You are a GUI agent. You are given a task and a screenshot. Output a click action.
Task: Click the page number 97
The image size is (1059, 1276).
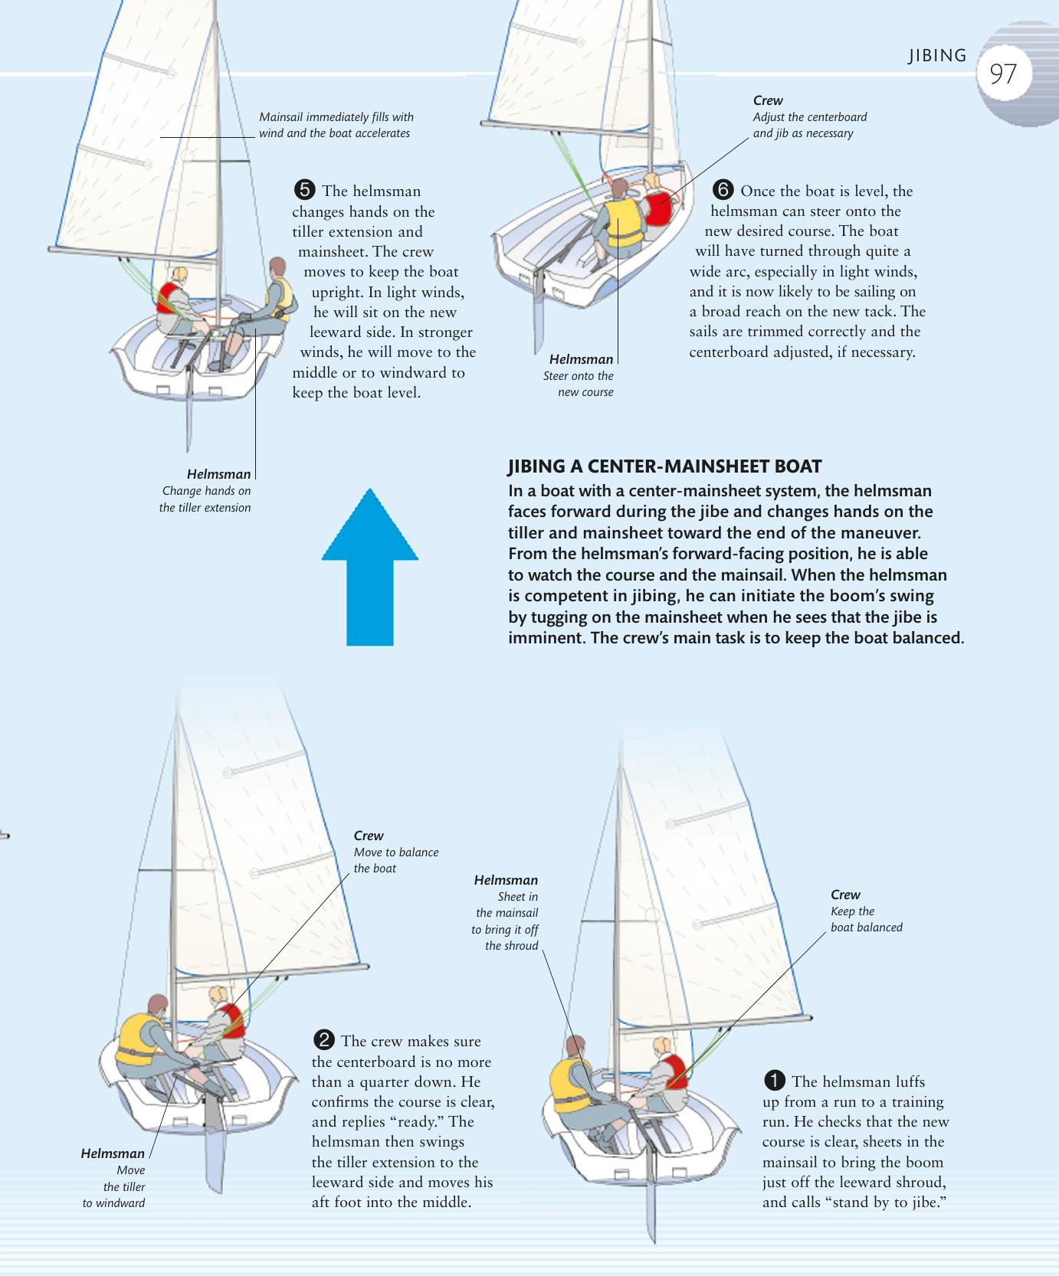tap(1003, 74)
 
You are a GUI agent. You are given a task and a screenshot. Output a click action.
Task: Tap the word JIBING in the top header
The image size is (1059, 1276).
tap(937, 56)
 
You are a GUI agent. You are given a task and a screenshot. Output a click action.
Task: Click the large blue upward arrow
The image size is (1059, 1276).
tap(370, 568)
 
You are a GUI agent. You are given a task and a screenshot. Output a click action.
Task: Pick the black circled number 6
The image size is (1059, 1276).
tap(723, 190)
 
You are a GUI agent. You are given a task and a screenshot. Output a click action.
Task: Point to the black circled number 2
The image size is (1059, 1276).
tap(324, 1040)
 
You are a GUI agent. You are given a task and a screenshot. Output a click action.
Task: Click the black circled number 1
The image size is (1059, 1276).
tap(775, 1081)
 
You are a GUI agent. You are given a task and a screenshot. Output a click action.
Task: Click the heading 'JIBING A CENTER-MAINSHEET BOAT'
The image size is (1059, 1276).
tap(664, 466)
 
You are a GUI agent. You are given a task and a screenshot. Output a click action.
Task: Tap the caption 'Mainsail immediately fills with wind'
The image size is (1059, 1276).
tap(336, 117)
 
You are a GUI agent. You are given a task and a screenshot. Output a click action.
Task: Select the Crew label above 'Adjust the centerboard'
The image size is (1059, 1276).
tap(768, 100)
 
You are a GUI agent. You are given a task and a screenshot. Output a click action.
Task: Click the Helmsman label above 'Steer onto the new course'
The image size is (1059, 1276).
tap(581, 359)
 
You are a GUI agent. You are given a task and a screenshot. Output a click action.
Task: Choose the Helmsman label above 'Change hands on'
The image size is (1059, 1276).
tap(218, 474)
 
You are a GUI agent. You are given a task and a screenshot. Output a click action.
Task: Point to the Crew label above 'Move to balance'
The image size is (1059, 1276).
tap(369, 836)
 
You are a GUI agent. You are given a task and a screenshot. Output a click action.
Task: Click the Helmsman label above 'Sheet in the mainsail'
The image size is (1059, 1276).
tap(506, 880)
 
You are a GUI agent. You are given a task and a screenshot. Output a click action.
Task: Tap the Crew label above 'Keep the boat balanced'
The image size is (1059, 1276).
tap(845, 895)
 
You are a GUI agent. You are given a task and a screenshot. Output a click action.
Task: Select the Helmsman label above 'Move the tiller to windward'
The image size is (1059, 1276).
tap(113, 1153)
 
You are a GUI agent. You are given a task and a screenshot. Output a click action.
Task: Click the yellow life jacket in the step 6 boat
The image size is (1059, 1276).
tap(624, 222)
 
